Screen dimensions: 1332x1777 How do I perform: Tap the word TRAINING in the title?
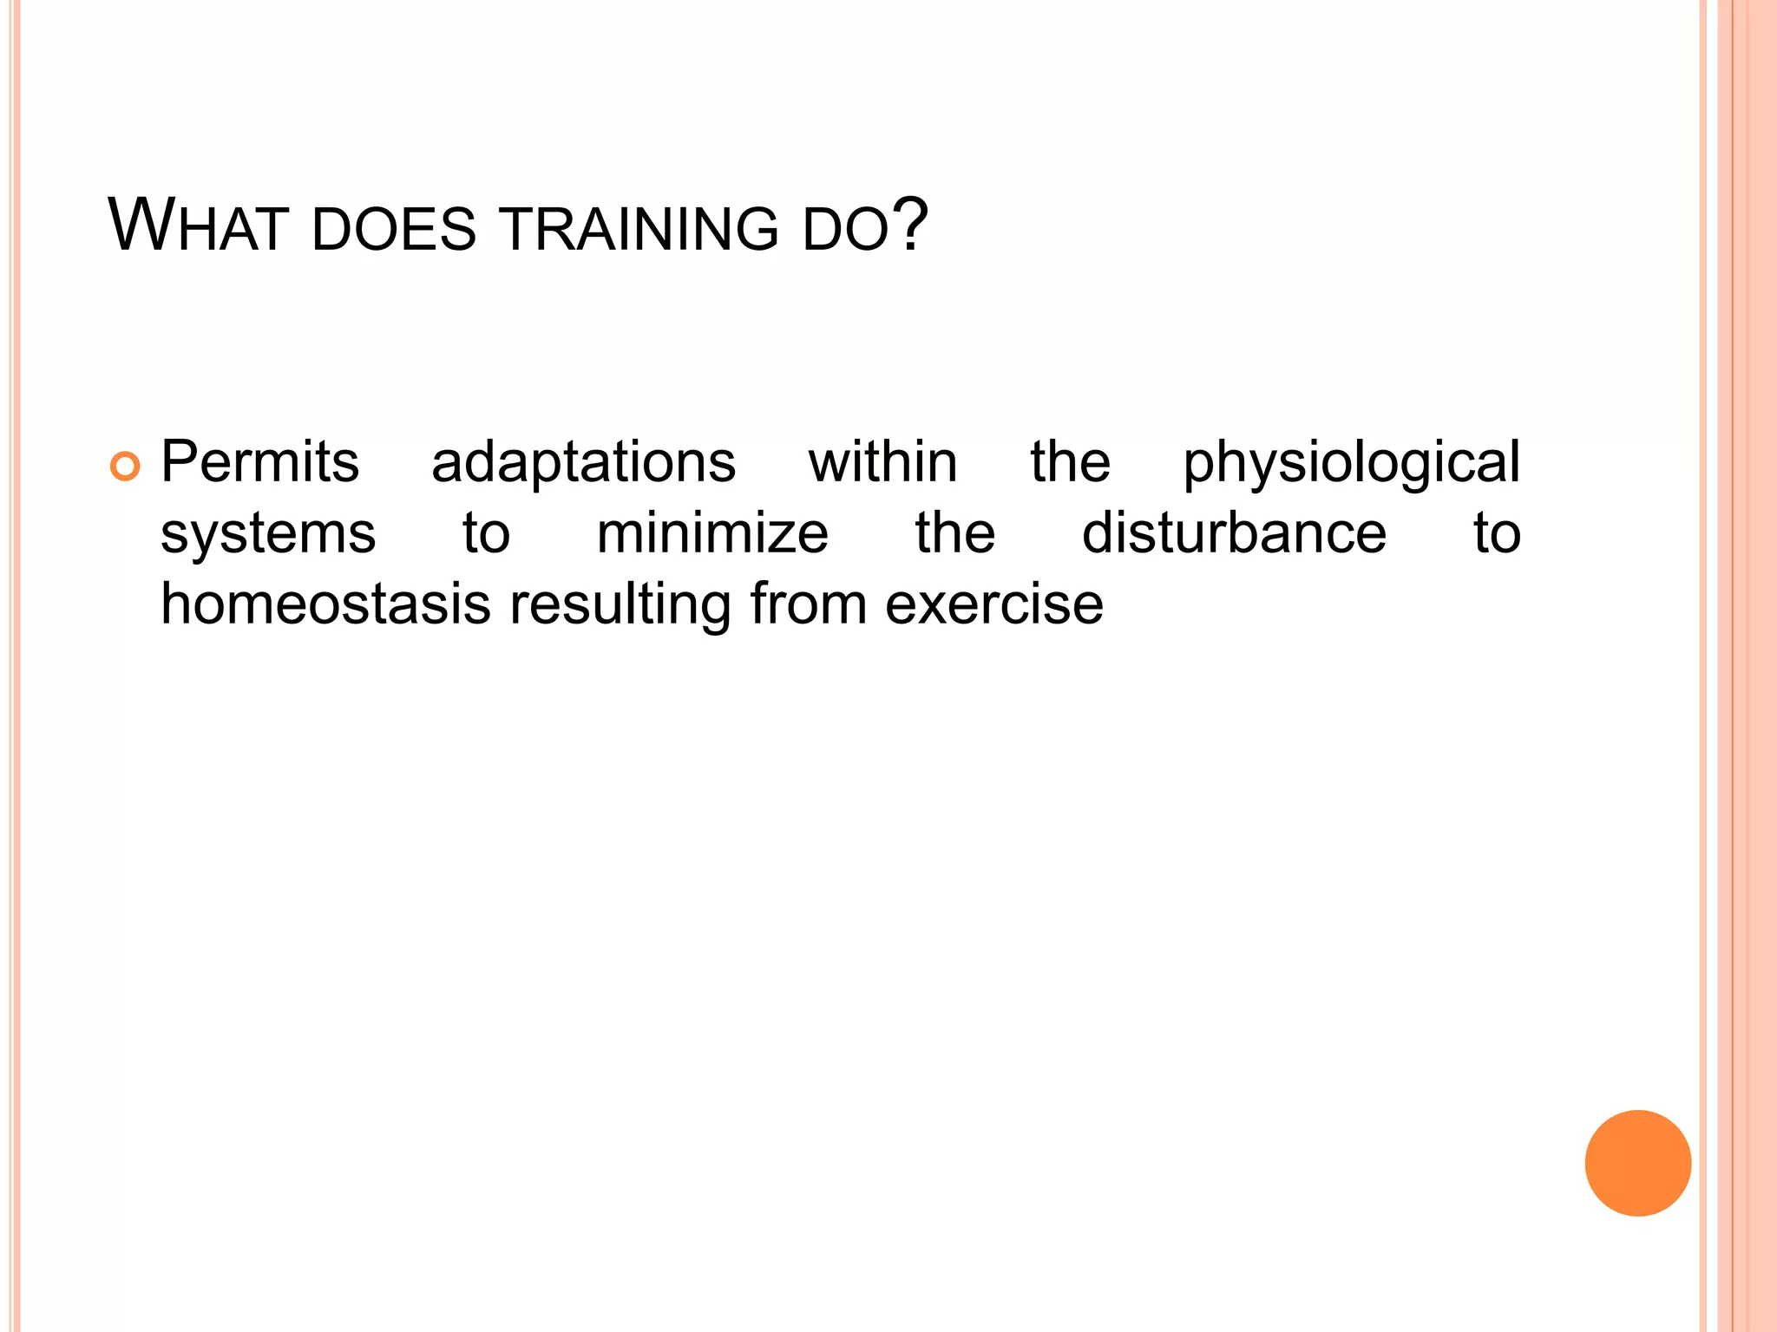[x=639, y=230]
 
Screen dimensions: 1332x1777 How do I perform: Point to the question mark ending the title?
[x=909, y=225]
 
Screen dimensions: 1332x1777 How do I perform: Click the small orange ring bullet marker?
[x=125, y=467]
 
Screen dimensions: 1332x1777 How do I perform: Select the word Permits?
[x=259, y=462]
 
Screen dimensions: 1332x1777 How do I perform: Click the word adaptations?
[x=583, y=462]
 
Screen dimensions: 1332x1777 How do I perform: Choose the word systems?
[x=268, y=534]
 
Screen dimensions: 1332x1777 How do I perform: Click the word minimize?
[x=712, y=532]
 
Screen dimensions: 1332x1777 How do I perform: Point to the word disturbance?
[x=1234, y=532]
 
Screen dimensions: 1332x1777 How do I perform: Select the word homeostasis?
[x=326, y=604]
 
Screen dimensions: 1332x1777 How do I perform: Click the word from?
[x=809, y=604]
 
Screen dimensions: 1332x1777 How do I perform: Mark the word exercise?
[x=994, y=604]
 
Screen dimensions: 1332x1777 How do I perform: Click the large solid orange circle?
[x=1637, y=1163]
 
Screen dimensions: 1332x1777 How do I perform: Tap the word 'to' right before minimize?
[x=486, y=533]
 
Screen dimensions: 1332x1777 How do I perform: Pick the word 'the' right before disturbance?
[x=954, y=532]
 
